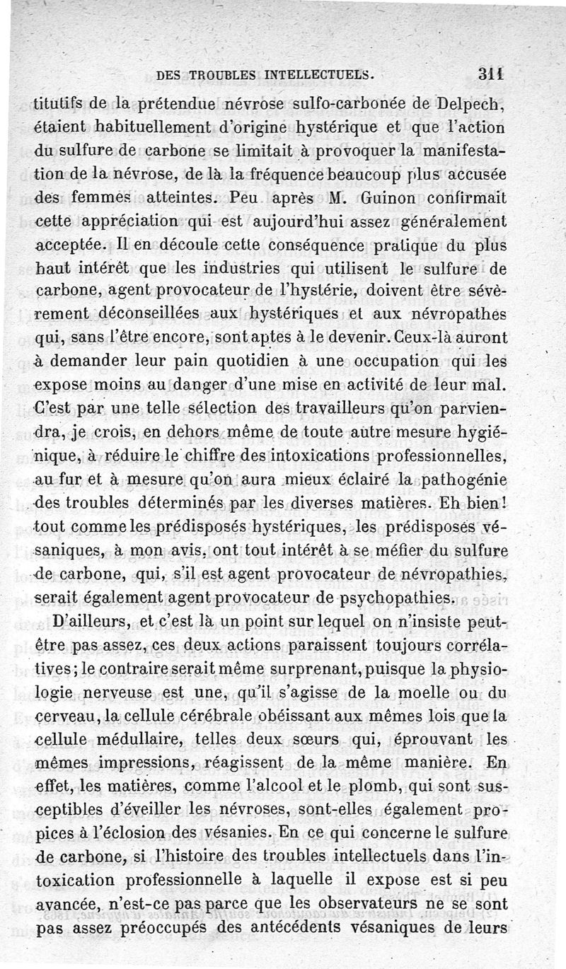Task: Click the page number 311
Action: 491,72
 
